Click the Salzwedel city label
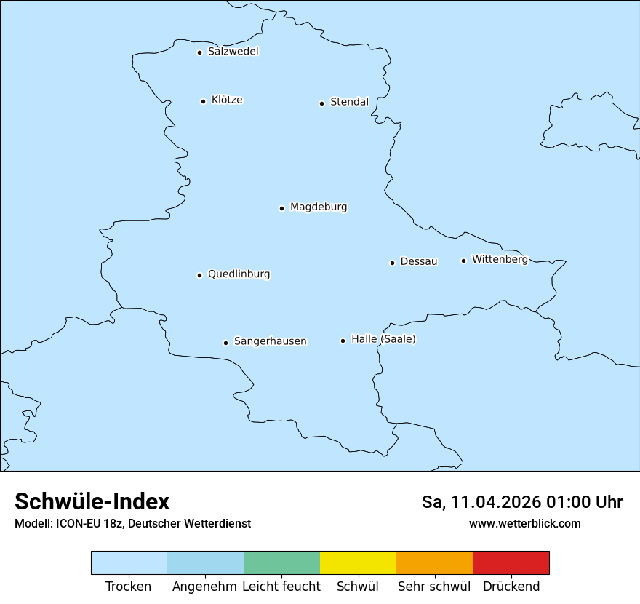[x=233, y=52]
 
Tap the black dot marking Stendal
[x=321, y=103]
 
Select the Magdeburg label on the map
[x=319, y=207]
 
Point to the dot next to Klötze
[x=203, y=101]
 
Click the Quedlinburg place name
[x=239, y=274]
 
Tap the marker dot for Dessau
[x=392, y=263]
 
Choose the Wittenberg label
[x=500, y=259]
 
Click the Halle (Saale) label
[x=383, y=339]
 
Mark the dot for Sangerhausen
[x=225, y=343]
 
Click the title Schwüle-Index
[x=92, y=501]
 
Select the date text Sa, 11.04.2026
[x=481, y=502]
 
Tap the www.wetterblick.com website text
[x=524, y=523]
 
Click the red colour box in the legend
[x=511, y=563]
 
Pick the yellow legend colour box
[x=358, y=563]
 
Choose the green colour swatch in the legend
[x=281, y=563]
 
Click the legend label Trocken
[x=128, y=587]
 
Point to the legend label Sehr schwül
[x=434, y=587]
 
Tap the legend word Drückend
[x=511, y=587]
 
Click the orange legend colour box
[x=434, y=563]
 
